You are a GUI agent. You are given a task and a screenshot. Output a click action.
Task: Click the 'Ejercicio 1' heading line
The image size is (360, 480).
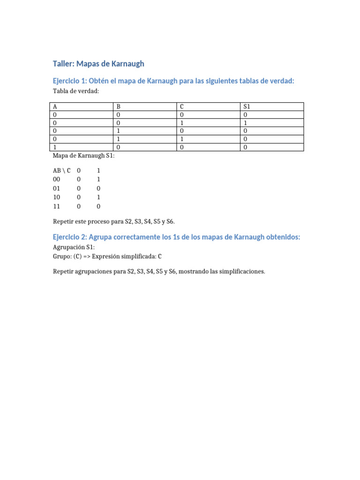coord(173,81)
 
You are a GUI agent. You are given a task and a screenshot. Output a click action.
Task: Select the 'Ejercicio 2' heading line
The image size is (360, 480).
coord(176,237)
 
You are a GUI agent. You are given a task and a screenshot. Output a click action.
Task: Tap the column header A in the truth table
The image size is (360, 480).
coord(55,106)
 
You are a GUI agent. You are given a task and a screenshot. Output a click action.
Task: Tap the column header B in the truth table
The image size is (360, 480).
coord(118,106)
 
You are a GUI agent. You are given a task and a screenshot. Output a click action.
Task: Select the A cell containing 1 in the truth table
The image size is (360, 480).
coord(55,147)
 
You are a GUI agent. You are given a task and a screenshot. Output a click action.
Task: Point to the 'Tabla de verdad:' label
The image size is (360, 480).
coord(76,91)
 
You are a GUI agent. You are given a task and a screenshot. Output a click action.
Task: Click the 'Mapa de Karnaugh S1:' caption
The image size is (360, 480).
coord(83,156)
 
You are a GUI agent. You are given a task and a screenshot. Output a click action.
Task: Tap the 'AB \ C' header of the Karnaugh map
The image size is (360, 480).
coord(62,171)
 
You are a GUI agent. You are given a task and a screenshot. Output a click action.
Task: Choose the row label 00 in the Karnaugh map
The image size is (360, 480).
coord(57,180)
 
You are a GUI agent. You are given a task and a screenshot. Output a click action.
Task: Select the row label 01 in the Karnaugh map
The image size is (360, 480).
coord(57,188)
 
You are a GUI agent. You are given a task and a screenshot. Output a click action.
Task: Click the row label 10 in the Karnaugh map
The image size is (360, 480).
coord(57,197)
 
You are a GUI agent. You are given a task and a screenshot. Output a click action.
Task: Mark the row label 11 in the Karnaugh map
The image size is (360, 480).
coord(57,206)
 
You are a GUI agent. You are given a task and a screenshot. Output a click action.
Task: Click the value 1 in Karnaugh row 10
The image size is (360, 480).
coord(98,197)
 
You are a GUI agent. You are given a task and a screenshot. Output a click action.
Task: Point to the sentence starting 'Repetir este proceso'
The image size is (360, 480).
coord(114,221)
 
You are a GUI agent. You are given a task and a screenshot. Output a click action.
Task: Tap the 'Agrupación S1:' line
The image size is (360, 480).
coord(74,247)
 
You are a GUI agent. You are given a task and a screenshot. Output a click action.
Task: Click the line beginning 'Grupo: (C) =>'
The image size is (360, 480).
coord(108,256)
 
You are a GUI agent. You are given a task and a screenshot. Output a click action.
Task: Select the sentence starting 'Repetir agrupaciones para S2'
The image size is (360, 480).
coord(159,271)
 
